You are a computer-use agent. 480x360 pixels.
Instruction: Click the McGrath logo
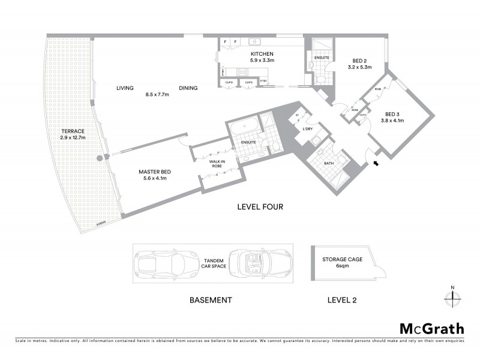[432, 328]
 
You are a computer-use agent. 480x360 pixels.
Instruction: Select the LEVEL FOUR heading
[260, 207]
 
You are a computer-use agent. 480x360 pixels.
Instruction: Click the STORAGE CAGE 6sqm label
[335, 262]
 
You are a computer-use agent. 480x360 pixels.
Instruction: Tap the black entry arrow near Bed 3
[376, 162]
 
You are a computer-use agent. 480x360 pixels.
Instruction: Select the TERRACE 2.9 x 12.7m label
[73, 134]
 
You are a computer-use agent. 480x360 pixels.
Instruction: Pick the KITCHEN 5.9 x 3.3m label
[262, 57]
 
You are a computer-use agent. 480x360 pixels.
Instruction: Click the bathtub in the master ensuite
[245, 129]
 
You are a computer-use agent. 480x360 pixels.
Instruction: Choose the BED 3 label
[392, 117]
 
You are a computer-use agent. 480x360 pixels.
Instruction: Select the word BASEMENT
[211, 299]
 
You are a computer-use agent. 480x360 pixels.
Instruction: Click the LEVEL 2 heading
[344, 299]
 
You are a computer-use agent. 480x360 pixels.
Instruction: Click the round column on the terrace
[99, 158]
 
